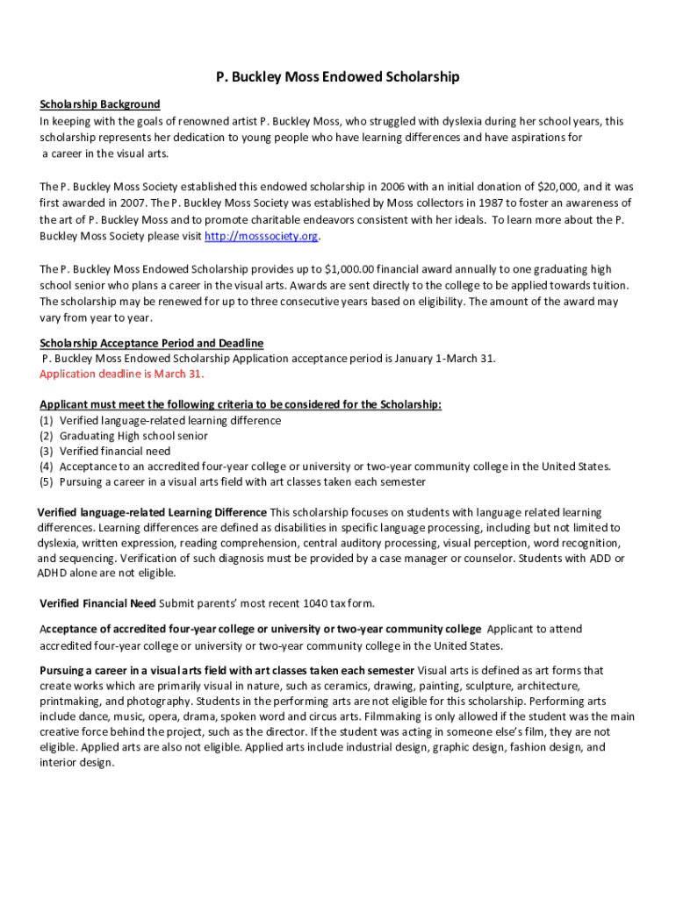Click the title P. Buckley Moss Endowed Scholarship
click(338, 78)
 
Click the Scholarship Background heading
click(100, 104)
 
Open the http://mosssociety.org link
click(261, 237)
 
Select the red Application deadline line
click(122, 374)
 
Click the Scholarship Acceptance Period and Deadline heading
click(152, 343)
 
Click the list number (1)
click(47, 420)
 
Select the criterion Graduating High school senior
click(133, 436)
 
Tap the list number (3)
click(47, 452)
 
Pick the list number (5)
click(47, 481)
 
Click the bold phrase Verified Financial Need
click(98, 603)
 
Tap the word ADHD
click(54, 574)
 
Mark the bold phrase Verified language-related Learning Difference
click(152, 512)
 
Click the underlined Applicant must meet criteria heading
click(241, 404)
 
